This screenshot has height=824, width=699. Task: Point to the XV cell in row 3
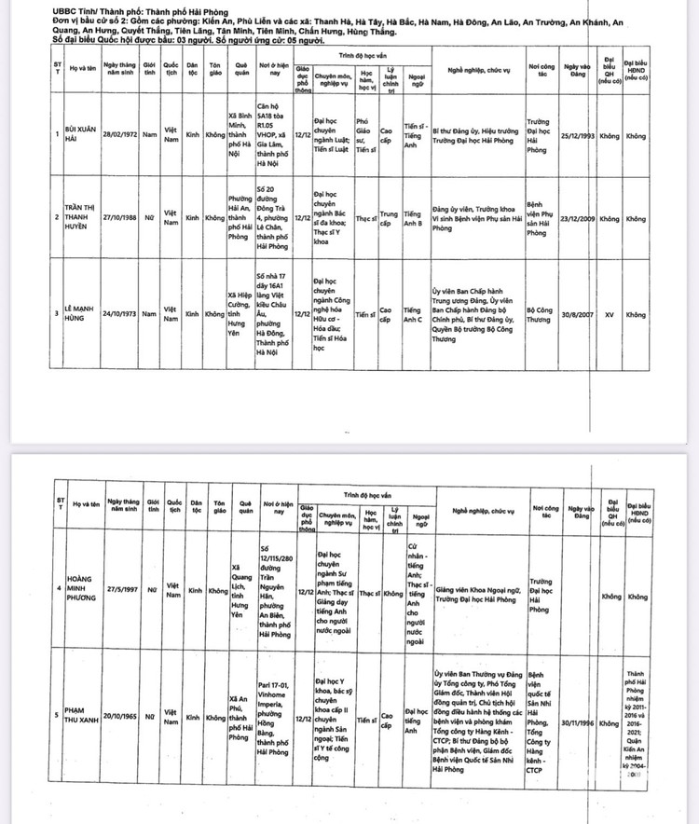[609, 314]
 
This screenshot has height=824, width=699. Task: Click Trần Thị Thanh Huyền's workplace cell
[545, 219]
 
